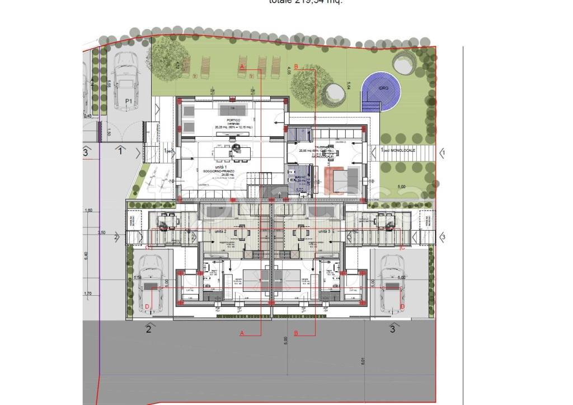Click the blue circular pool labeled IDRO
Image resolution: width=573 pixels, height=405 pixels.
pyautogui.click(x=383, y=90)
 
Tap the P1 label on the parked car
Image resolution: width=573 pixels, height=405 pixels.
pyautogui.click(x=129, y=101)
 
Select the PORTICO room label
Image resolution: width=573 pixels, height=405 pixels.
pyautogui.click(x=234, y=120)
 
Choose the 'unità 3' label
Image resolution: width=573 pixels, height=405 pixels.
pyautogui.click(x=323, y=231)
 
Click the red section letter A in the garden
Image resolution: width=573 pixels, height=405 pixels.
pyautogui.click(x=242, y=66)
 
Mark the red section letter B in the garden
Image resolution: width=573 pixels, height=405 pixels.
pyautogui.click(x=296, y=66)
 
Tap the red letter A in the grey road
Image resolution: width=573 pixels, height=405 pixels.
pyautogui.click(x=242, y=333)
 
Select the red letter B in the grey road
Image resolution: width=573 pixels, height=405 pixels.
pyautogui.click(x=296, y=333)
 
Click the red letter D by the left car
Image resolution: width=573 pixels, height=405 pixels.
pyautogui.click(x=147, y=306)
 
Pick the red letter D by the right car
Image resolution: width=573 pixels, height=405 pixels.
pyautogui.click(x=402, y=307)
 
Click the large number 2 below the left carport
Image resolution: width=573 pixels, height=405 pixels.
pyautogui.click(x=149, y=329)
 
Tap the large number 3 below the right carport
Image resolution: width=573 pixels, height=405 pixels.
pyautogui.click(x=392, y=329)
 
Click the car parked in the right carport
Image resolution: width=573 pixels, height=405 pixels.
pyautogui.click(x=392, y=285)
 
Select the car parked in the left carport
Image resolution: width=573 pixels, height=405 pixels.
pyautogui.click(x=150, y=283)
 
